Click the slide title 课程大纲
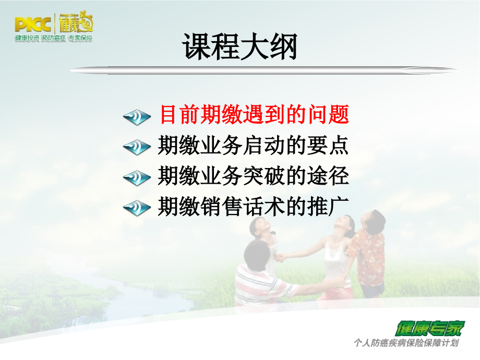coord(240,47)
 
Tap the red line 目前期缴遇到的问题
coord(254,115)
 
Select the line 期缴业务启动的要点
coord(253,146)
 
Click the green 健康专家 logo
coord(429,328)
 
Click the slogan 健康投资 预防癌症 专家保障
coord(54,39)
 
